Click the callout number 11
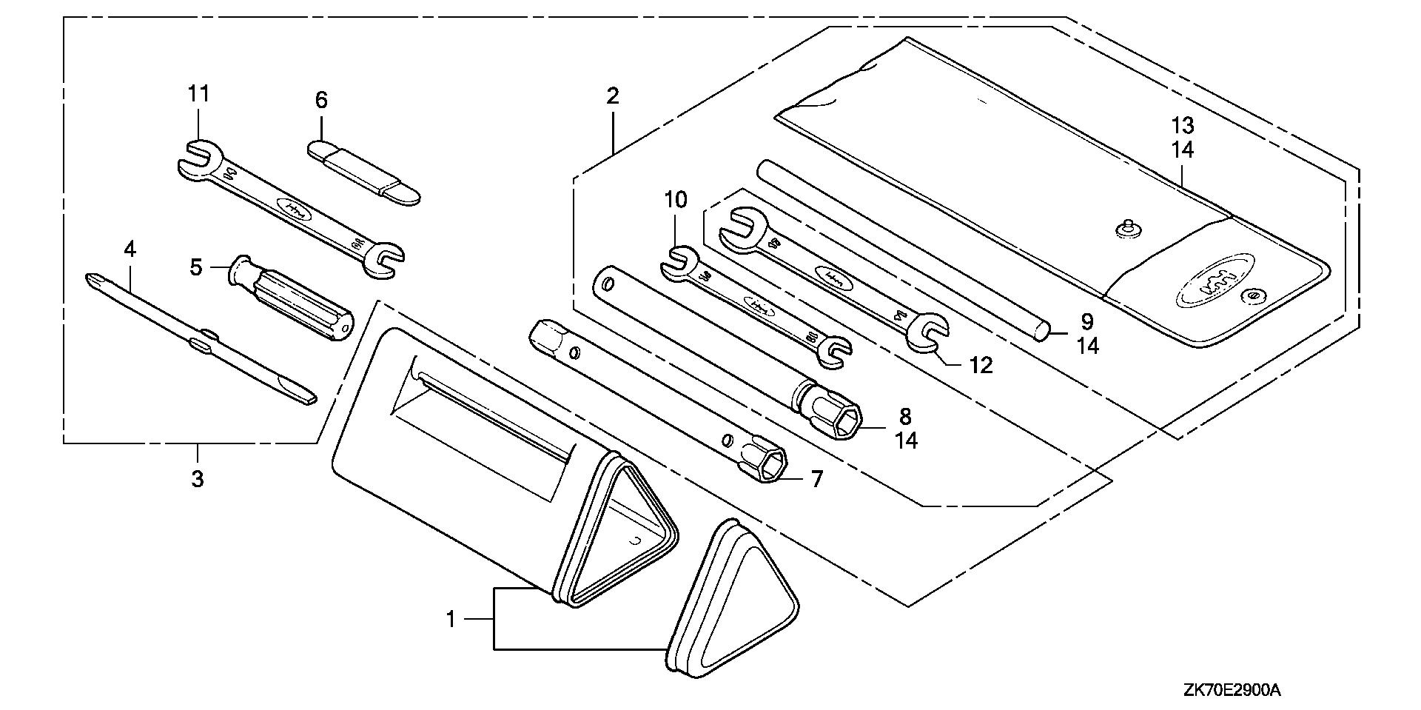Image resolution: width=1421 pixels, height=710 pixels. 198,94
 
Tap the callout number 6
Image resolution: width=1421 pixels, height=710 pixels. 321,100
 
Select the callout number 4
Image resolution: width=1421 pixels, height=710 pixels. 130,249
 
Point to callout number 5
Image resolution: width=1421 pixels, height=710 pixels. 195,267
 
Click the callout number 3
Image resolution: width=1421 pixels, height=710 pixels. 197,479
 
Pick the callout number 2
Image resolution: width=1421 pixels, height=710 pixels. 612,96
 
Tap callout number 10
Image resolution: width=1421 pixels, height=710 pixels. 675,200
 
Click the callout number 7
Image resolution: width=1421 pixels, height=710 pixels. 816,479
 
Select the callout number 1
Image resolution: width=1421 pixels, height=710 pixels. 451,619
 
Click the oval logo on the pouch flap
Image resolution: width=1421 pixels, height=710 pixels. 1213,283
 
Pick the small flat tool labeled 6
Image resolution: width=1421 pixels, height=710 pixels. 363,170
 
